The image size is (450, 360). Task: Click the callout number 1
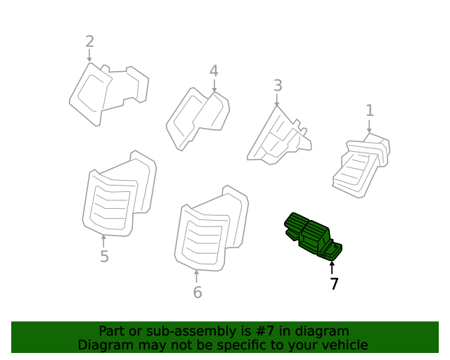click(x=370, y=110)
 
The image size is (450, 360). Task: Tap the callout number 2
click(x=90, y=41)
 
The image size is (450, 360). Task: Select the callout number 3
click(x=278, y=86)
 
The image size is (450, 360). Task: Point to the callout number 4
click(x=214, y=71)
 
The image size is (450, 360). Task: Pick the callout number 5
click(x=105, y=257)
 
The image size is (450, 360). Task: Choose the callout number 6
click(x=198, y=292)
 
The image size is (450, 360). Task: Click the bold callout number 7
click(x=334, y=284)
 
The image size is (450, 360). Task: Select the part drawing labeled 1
click(x=361, y=166)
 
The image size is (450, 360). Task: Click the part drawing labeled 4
click(x=198, y=118)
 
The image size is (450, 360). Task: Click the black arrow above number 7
click(x=332, y=268)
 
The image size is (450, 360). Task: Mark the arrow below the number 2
click(x=89, y=56)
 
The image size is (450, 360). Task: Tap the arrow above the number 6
click(x=197, y=276)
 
